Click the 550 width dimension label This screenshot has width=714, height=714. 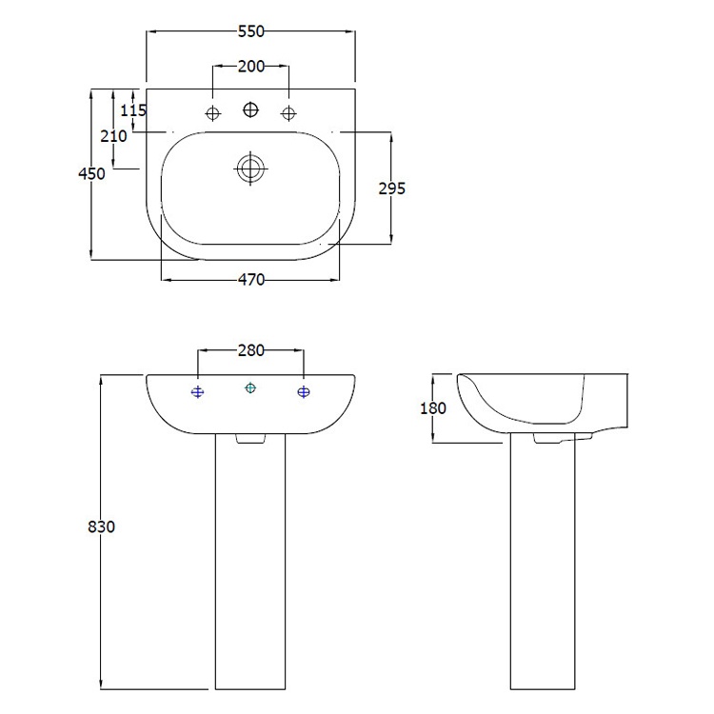tap(250, 31)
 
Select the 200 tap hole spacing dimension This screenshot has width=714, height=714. tap(250, 67)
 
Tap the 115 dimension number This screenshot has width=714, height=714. tap(134, 110)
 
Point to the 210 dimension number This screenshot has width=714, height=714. tap(113, 135)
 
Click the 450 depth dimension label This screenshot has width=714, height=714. tap(91, 173)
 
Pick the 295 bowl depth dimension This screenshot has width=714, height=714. tap(391, 188)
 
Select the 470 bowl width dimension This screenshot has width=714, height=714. tap(250, 280)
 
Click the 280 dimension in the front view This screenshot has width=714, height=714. tap(250, 350)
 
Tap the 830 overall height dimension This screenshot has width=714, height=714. tap(100, 526)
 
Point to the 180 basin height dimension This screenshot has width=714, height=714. tap(432, 407)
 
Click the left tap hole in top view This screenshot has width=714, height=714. tap(212, 114)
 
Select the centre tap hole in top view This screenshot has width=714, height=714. tap(250, 109)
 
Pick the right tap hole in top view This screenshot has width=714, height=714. tap(288, 114)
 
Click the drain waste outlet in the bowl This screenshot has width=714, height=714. tap(250, 169)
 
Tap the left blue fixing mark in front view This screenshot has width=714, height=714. tap(197, 392)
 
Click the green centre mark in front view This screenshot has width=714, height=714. tap(250, 387)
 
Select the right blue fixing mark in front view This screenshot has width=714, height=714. tap(304, 392)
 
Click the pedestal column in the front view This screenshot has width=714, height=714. tap(250, 571)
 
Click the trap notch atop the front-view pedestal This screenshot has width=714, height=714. tap(250, 439)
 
